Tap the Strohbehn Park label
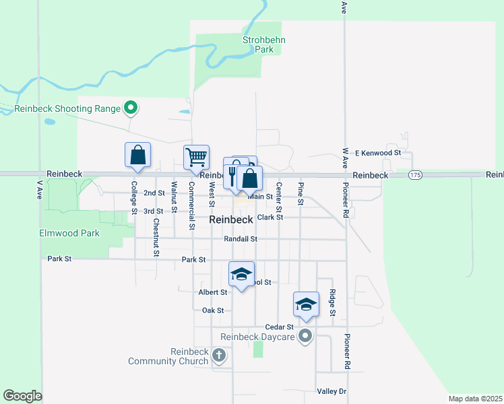tap(264, 44)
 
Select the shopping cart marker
tap(196, 158)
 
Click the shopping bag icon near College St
tap(137, 155)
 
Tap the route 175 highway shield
tap(415, 174)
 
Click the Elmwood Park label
tap(70, 234)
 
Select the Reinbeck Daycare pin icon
tap(306, 335)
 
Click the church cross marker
tap(219, 355)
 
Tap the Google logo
tap(22, 396)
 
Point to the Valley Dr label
tap(331, 391)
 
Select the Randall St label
tap(241, 239)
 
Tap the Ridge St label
tap(332, 302)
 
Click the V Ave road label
tap(38, 189)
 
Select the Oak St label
tap(212, 310)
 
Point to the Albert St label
tap(213, 292)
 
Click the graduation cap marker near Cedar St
tap(306, 304)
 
